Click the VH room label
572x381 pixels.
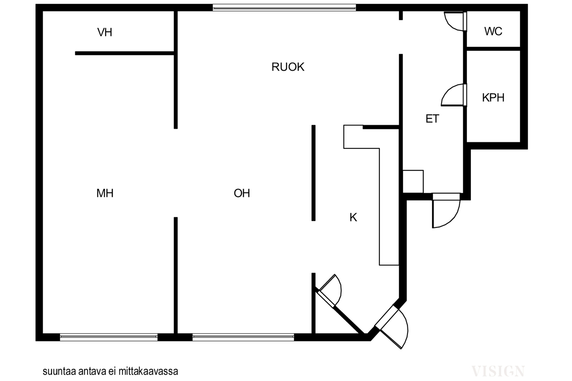(x=105, y=32)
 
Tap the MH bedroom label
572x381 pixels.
(x=105, y=193)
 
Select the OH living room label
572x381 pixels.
(x=242, y=193)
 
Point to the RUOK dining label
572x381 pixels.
(x=288, y=67)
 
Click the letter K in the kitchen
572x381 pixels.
(x=353, y=217)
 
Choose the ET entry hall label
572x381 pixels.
(x=432, y=119)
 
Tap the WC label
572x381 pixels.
(x=493, y=31)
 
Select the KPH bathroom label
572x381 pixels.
(x=493, y=97)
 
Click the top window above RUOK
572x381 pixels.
(x=284, y=7)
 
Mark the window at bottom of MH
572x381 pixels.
(x=109, y=337)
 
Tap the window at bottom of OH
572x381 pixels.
(x=243, y=337)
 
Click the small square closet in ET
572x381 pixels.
(x=413, y=181)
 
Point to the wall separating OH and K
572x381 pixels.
(x=314, y=173)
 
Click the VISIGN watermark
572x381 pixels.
(x=498, y=371)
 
